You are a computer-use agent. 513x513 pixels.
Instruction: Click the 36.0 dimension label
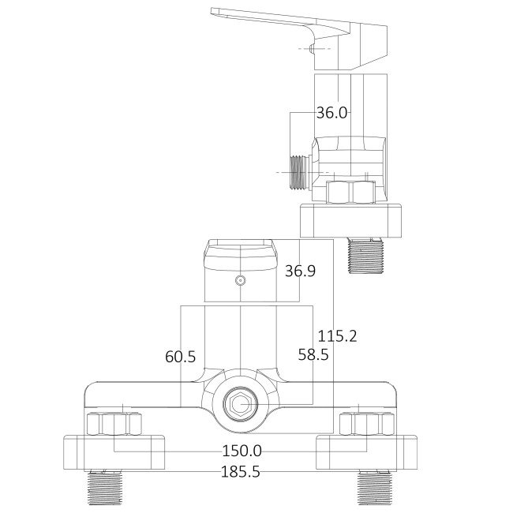[x=331, y=113]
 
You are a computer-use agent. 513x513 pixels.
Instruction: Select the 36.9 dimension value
[x=300, y=271]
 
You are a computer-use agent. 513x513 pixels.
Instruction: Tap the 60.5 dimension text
[x=180, y=357]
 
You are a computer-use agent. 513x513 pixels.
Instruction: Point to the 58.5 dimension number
[x=313, y=355]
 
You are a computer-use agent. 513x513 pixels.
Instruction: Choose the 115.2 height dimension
[x=337, y=336]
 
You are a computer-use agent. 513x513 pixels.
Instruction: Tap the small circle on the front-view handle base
[x=241, y=280]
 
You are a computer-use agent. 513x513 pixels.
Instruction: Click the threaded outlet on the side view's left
[x=298, y=170]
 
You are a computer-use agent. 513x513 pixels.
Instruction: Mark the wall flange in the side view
[x=351, y=221]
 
